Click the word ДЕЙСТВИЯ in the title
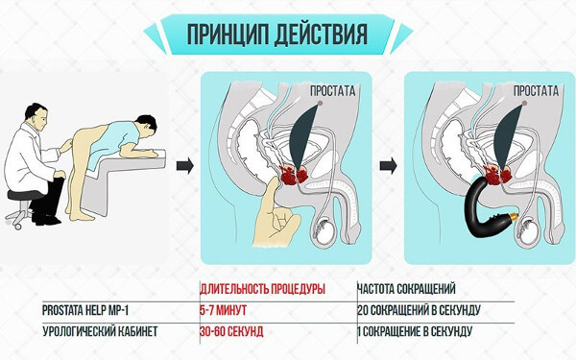tap(322, 35)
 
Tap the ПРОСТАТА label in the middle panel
tap(332, 91)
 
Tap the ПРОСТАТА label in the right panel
tap(536, 91)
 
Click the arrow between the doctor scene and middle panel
tap(184, 166)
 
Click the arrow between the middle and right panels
tap(388, 166)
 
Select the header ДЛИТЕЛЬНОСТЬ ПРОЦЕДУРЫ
tap(262, 289)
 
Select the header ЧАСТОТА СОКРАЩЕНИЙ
tap(407, 289)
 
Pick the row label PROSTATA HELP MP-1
tap(85, 310)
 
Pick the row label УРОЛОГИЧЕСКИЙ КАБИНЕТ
tap(100, 332)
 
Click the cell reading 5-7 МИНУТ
tap(223, 310)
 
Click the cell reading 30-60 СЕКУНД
tap(231, 332)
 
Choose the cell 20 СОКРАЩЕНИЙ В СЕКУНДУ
tap(419, 310)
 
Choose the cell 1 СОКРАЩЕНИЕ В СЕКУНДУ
tap(415, 332)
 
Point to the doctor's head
tap(36, 117)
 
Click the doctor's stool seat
tap(25, 195)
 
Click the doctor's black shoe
tap(46, 220)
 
